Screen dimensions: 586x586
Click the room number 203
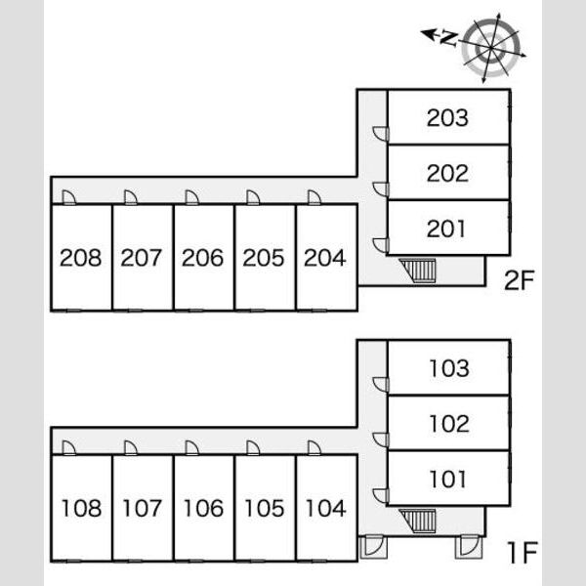447,118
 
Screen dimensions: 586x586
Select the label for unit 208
81,258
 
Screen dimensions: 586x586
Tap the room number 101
447,480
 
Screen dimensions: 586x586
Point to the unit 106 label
204,508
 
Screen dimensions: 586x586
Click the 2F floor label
520,280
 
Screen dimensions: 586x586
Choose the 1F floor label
523,553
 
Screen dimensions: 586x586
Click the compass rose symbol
490,48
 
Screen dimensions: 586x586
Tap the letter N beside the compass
448,38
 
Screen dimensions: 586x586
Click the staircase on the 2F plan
418,270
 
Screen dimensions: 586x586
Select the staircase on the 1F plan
418,521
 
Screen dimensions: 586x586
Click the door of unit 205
253,197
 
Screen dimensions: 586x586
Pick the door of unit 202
381,189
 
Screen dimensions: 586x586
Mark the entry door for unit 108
68,448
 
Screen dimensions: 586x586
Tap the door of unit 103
381,385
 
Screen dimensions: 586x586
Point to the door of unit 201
381,245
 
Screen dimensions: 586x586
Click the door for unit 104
314,448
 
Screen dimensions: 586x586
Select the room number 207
142,258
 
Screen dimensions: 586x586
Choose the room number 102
449,424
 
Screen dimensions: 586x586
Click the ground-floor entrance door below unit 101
469,547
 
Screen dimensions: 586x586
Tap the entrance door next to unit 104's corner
374,547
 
